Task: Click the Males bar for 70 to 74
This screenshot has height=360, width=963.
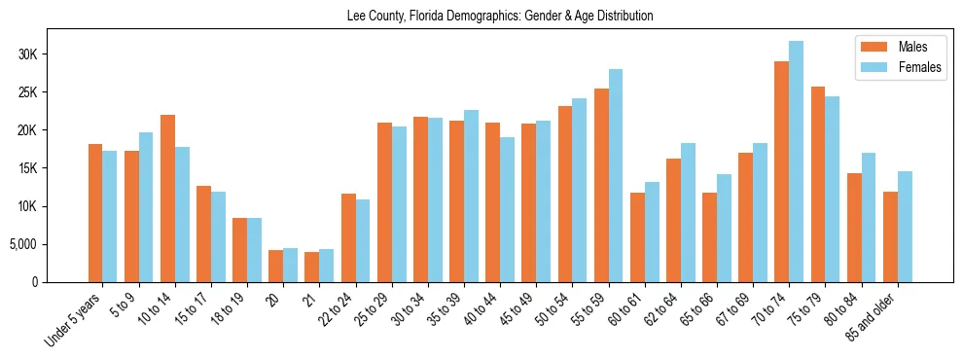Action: (x=781, y=172)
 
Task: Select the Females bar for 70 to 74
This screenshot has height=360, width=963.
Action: (x=796, y=162)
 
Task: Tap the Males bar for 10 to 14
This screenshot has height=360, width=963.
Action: (x=167, y=198)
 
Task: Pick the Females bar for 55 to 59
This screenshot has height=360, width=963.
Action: (x=616, y=176)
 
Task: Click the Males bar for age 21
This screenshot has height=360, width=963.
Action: (x=312, y=268)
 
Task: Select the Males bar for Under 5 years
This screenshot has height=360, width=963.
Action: (x=95, y=213)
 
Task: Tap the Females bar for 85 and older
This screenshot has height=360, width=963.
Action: (x=905, y=227)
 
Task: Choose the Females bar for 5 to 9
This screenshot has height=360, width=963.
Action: (x=146, y=207)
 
